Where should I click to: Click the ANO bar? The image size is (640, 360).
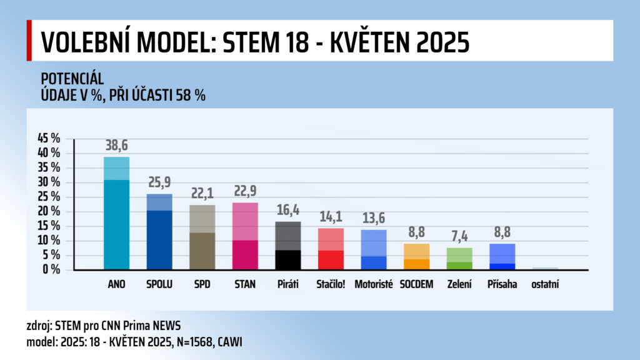click(x=116, y=214)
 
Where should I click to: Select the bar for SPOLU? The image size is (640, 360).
click(x=159, y=232)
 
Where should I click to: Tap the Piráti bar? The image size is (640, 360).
click(x=287, y=246)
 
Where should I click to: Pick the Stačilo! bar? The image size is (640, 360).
click(x=331, y=249)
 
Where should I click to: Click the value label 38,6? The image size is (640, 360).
click(x=116, y=146)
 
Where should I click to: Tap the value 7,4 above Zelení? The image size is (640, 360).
click(x=459, y=237)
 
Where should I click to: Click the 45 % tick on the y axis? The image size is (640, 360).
click(x=49, y=139)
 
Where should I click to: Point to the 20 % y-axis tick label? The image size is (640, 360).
click(x=49, y=211)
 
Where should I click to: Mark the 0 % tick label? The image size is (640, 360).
click(x=52, y=270)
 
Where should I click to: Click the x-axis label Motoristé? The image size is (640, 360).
click(x=374, y=284)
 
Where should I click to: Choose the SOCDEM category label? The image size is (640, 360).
click(x=417, y=284)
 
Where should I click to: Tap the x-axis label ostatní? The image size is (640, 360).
click(x=545, y=284)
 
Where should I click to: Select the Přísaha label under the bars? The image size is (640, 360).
click(x=502, y=284)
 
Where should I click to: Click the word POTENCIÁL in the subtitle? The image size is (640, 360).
click(x=72, y=79)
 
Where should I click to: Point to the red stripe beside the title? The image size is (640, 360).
click(x=29, y=41)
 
